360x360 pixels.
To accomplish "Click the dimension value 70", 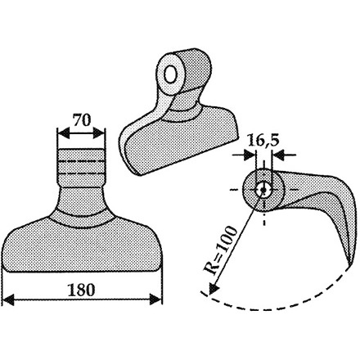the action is click(x=82, y=120).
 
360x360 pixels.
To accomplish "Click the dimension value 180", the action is click(x=81, y=290).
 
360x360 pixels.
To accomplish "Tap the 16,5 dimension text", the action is click(x=263, y=141).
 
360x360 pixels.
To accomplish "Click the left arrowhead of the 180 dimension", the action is click(x=7, y=299).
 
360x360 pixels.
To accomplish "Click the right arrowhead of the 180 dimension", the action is click(x=156, y=299).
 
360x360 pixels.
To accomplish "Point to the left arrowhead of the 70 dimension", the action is click(x=63, y=133).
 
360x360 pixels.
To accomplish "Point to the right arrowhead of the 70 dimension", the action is click(x=99, y=133).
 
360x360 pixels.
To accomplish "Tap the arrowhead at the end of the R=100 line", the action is click(x=214, y=289).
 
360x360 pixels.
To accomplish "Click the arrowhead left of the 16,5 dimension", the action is click(x=250, y=155).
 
